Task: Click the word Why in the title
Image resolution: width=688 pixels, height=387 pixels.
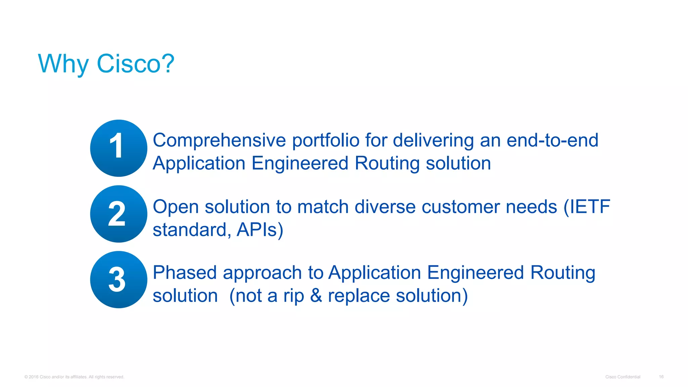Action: [63, 63]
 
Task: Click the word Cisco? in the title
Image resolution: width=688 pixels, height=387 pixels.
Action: [135, 63]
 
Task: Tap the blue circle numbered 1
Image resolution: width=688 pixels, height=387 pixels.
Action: [119, 148]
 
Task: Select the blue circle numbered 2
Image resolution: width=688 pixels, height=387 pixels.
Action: [119, 214]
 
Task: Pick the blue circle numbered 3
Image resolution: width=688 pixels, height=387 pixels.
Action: [119, 279]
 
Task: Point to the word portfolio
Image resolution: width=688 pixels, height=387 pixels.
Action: [326, 140]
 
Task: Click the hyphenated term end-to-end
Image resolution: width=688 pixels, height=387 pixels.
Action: [552, 140]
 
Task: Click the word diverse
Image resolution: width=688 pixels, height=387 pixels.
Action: [385, 207]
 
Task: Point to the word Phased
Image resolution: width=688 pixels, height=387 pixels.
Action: [185, 272]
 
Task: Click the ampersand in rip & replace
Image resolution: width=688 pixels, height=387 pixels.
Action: [316, 296]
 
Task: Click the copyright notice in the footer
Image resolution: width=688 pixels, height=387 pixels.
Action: [74, 377]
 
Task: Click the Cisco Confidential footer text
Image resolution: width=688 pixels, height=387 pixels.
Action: [622, 377]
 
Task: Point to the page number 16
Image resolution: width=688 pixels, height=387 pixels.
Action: [661, 377]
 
